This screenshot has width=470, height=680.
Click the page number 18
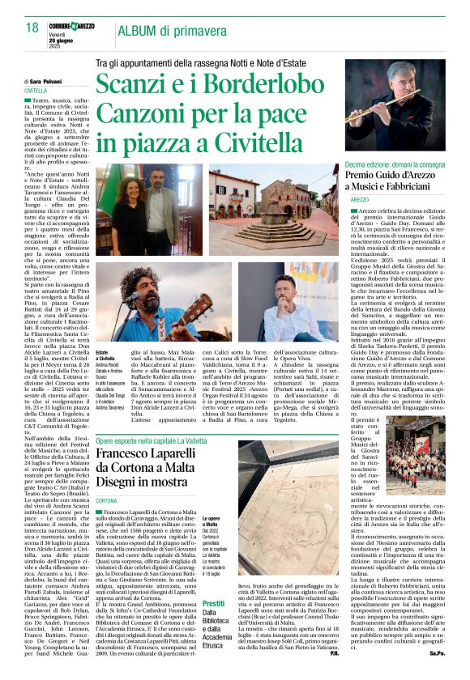pos(32,28)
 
